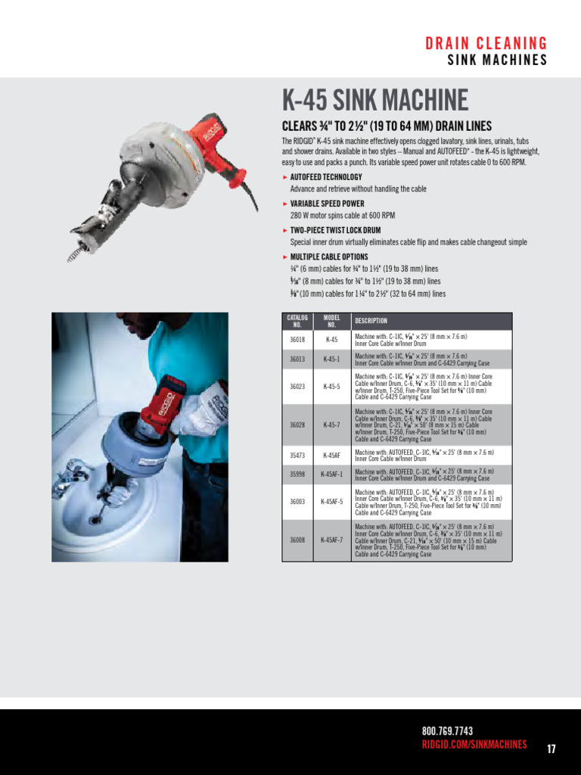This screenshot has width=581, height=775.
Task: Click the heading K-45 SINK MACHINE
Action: pyautogui.click(x=375, y=100)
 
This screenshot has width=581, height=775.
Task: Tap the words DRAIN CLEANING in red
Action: pyautogui.click(x=486, y=43)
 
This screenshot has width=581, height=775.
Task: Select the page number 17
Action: pyautogui.click(x=551, y=749)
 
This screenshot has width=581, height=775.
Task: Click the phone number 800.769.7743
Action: pyautogui.click(x=447, y=730)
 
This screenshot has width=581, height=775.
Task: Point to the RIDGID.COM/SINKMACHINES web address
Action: pyautogui.click(x=474, y=745)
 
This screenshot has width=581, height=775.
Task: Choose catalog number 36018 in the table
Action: pyautogui.click(x=297, y=340)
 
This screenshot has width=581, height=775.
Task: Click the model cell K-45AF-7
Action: pyautogui.click(x=331, y=540)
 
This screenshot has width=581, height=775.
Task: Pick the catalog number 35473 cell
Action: pyautogui.click(x=297, y=456)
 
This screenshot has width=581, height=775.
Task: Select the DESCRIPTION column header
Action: pyautogui.click(x=371, y=321)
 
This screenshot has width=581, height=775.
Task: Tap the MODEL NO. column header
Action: pyautogui.click(x=331, y=321)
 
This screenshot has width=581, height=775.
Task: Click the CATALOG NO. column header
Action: pyautogui.click(x=297, y=321)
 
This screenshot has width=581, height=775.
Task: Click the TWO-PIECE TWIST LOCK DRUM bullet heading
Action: pyautogui.click(x=335, y=230)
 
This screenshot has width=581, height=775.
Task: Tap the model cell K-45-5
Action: pyautogui.click(x=331, y=386)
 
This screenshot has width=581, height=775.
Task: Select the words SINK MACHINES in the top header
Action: pyautogui.click(x=497, y=61)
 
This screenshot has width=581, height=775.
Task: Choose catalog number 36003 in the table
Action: pyautogui.click(x=297, y=501)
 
